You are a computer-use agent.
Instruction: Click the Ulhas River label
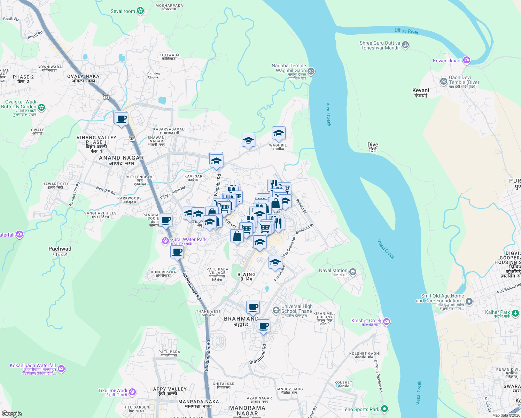(x=406, y=31)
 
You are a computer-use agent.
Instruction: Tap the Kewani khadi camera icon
(x=467, y=61)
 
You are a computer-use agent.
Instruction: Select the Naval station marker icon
(x=352, y=272)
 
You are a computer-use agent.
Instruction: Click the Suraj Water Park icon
(x=165, y=241)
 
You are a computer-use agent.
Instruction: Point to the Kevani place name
(x=420, y=93)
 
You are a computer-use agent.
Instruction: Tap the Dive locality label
(x=373, y=147)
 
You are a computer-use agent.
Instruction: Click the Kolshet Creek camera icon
(x=387, y=321)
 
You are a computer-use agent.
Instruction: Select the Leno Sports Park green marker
(x=384, y=408)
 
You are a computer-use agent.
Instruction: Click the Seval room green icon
(x=140, y=11)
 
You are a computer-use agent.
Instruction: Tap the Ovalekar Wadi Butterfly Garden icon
(x=42, y=107)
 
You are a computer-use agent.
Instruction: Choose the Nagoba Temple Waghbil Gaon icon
(x=311, y=71)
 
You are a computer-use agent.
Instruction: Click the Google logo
(x=12, y=413)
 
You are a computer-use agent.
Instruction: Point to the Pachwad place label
(x=60, y=251)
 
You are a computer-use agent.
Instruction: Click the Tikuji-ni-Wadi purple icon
(x=132, y=392)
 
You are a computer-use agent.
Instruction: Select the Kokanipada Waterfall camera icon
(x=61, y=368)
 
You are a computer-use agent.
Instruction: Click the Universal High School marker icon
(x=276, y=310)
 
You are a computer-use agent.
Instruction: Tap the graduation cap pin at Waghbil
(x=279, y=133)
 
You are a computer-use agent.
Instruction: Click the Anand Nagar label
(x=121, y=160)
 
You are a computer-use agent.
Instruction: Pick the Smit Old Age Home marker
(x=469, y=301)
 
